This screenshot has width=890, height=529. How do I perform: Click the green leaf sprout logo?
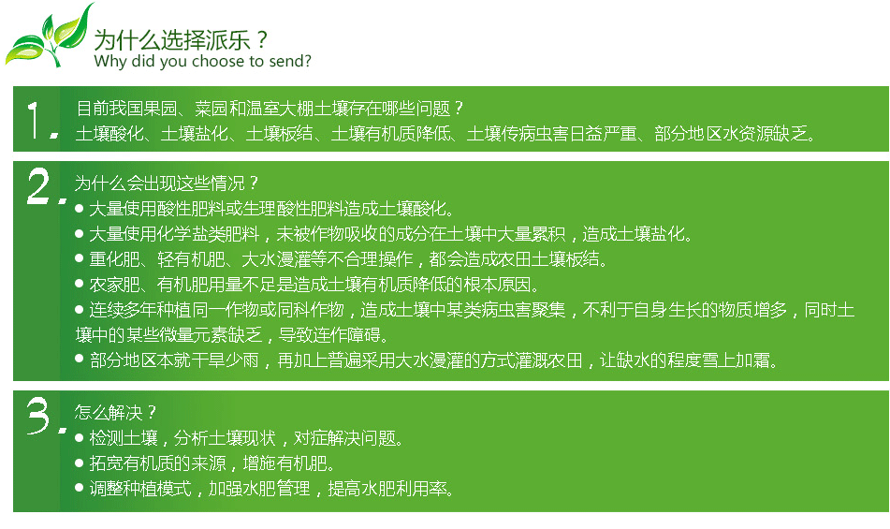[49, 36]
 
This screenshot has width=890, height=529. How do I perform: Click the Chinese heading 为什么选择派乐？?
[181, 39]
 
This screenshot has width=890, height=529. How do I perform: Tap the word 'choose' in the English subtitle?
[212, 61]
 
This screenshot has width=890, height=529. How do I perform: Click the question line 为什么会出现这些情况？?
[167, 184]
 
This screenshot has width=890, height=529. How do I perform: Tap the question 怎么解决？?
[115, 413]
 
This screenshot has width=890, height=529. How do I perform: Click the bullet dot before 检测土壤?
[80, 437]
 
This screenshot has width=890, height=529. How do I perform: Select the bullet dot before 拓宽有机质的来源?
[80, 463]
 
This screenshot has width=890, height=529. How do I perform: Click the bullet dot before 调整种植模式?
[80, 488]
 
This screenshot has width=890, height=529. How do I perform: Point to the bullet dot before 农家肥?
[80, 284]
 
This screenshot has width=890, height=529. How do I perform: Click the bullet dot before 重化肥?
[80, 258]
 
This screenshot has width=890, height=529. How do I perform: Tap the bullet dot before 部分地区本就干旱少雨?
[80, 360]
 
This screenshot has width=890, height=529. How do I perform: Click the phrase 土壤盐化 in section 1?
[194, 133]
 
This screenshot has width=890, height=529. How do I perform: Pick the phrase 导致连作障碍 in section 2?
[329, 335]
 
